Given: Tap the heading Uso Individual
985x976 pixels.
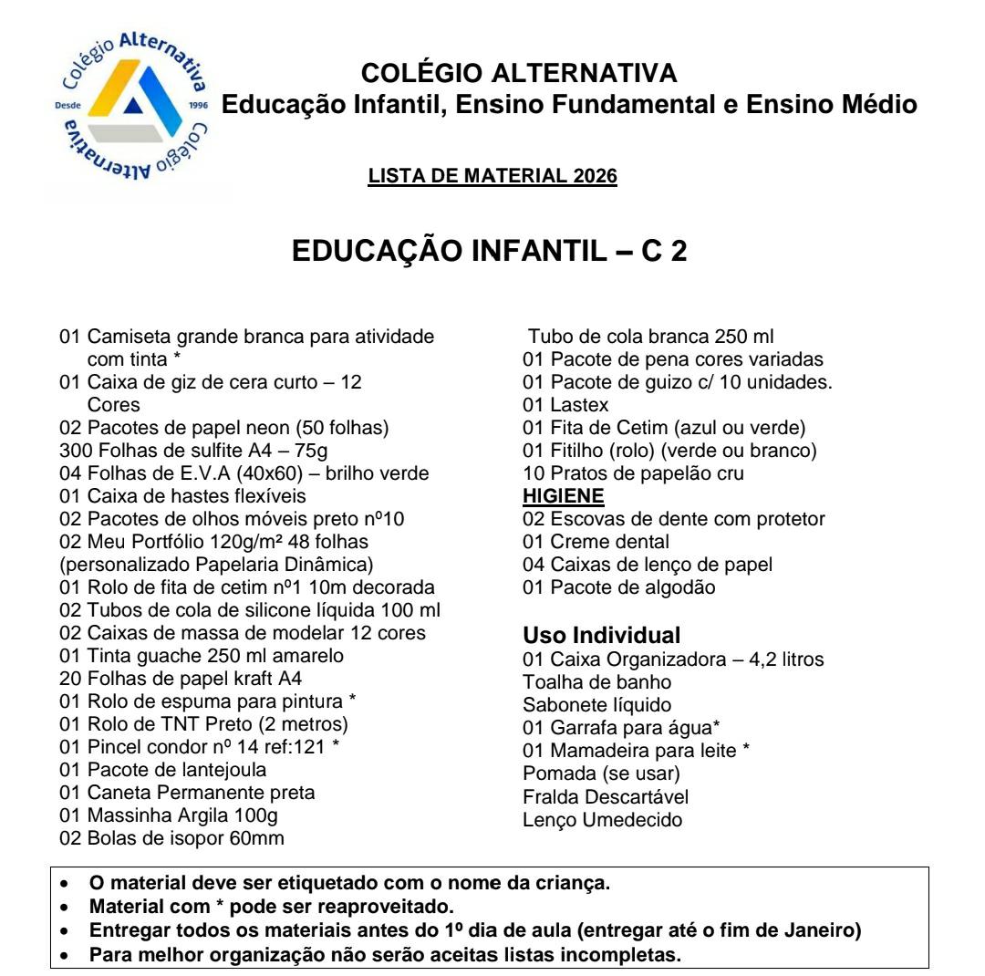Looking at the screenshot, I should (x=601, y=635).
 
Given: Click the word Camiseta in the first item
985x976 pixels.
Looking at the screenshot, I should (x=125, y=337).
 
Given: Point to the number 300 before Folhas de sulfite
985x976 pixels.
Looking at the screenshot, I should (x=72, y=451).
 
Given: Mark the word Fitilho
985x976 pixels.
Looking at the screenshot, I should (x=578, y=451).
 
